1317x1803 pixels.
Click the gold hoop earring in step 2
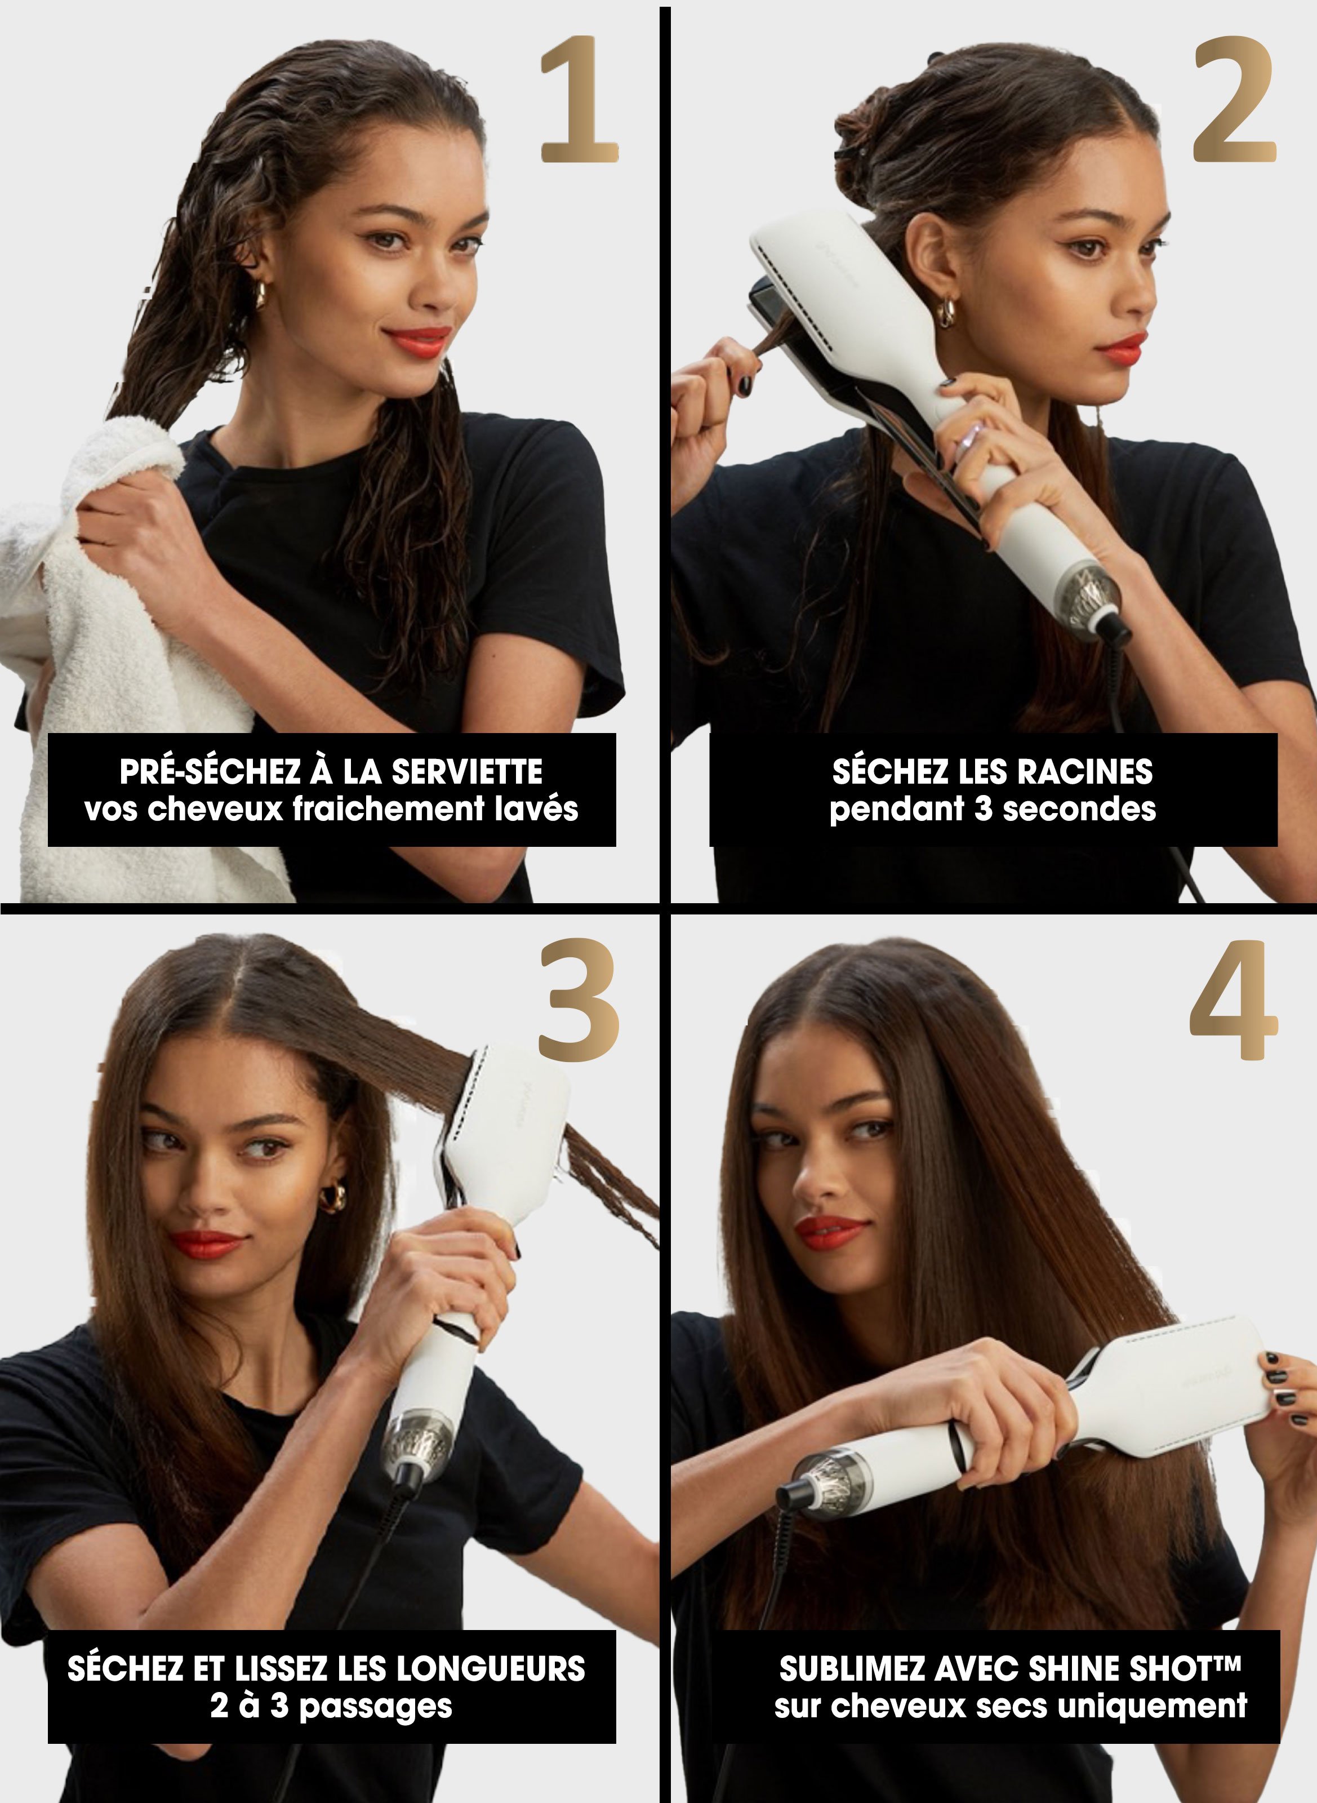[x=946, y=312]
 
